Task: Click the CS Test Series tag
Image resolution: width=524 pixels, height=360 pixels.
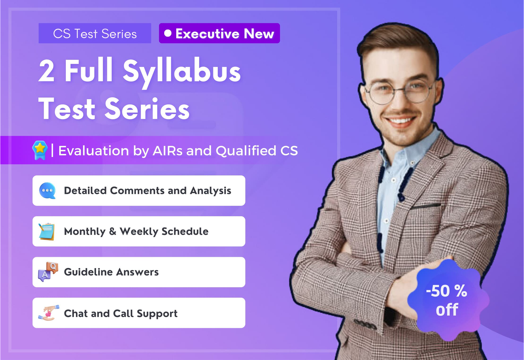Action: coord(95,33)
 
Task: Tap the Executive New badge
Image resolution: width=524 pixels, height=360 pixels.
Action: coord(219,33)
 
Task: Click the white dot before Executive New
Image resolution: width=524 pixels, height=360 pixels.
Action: coord(168,33)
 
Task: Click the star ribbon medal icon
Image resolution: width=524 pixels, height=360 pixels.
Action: coord(40,150)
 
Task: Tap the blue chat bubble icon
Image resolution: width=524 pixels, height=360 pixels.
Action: coord(47,191)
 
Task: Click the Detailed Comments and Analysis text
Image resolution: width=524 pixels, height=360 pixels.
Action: coord(147,191)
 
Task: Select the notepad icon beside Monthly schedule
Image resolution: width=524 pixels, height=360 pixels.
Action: coord(47,231)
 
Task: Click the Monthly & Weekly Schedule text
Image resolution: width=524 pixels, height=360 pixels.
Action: coord(136,231)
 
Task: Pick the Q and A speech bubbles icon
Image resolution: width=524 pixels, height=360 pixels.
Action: coord(48,272)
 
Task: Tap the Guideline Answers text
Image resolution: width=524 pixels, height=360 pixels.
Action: coord(111,272)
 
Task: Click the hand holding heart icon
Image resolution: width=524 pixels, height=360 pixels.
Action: coord(48,313)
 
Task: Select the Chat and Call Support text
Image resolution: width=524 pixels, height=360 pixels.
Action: coord(121,313)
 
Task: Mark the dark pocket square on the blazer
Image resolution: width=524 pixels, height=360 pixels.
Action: coord(426,206)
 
